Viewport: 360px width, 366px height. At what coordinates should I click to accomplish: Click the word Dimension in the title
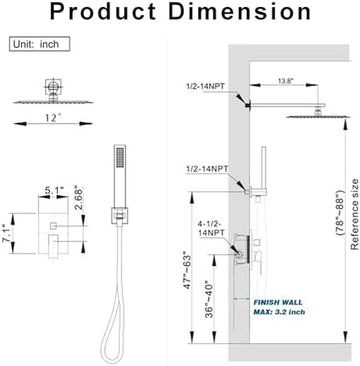[239, 12]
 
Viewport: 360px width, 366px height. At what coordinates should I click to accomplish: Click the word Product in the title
[103, 12]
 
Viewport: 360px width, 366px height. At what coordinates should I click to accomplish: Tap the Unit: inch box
[39, 44]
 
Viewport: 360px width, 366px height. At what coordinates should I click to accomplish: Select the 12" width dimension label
[53, 118]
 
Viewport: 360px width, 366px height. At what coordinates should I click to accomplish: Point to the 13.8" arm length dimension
[286, 81]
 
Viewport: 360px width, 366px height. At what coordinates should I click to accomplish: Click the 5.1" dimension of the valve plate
[54, 190]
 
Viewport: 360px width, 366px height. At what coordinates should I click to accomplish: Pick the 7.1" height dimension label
[7, 233]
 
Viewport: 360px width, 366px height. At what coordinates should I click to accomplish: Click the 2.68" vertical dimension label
[78, 198]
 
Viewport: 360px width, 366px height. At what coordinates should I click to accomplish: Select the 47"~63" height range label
[187, 270]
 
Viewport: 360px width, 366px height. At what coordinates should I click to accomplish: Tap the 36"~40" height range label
[209, 299]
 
